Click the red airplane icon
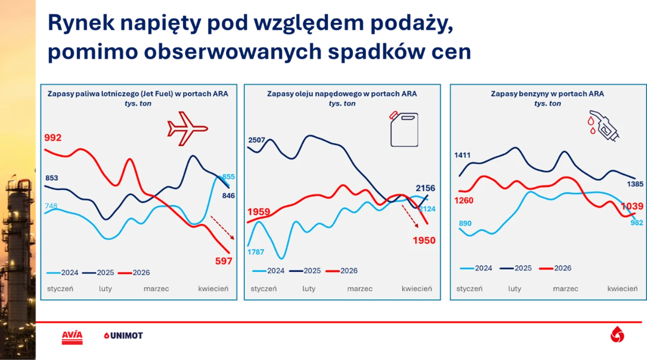[x=187, y=128]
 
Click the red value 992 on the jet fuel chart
[x=53, y=138]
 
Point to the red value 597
[x=223, y=261]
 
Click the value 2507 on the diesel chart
[x=257, y=140]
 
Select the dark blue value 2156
[x=425, y=188]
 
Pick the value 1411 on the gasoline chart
[x=462, y=155]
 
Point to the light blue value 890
[x=465, y=224]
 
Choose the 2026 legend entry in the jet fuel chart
[x=134, y=272]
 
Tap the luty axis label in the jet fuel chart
[x=106, y=289]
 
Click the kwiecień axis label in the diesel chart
[x=416, y=289]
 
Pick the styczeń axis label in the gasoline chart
[x=469, y=289]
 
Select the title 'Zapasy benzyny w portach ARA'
[x=548, y=94]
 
